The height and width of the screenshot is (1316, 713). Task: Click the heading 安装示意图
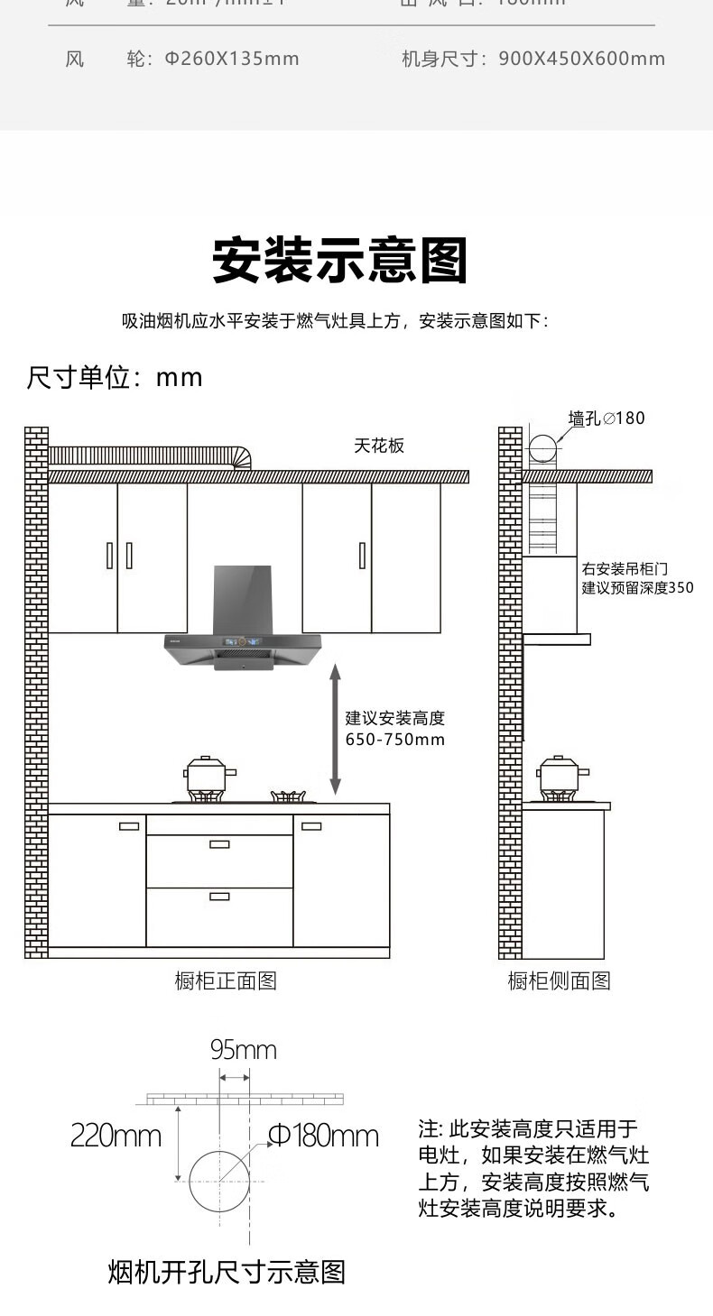point(340,262)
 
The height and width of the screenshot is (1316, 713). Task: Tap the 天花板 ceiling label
point(379,446)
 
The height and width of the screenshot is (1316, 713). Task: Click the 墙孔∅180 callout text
point(607,419)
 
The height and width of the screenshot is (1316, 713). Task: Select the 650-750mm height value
point(395,740)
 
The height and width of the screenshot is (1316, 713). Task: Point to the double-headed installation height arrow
point(335,729)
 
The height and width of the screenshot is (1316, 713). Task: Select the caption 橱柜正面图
point(226,980)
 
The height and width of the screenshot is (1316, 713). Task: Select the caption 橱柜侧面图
point(559,980)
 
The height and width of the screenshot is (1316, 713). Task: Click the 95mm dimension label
point(244,1050)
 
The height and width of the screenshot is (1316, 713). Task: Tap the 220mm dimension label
point(116,1136)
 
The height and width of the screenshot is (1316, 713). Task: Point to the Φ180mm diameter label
point(324,1136)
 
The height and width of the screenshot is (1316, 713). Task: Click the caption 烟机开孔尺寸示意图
point(227,1272)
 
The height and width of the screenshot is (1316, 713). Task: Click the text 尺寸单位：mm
point(115,377)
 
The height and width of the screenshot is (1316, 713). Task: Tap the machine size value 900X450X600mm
point(581,60)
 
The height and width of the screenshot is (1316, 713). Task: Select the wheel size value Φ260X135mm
point(231,60)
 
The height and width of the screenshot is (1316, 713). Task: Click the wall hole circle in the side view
point(543,449)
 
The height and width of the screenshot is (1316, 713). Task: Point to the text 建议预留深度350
point(637,588)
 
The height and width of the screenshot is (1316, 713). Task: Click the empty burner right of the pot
point(292,796)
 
